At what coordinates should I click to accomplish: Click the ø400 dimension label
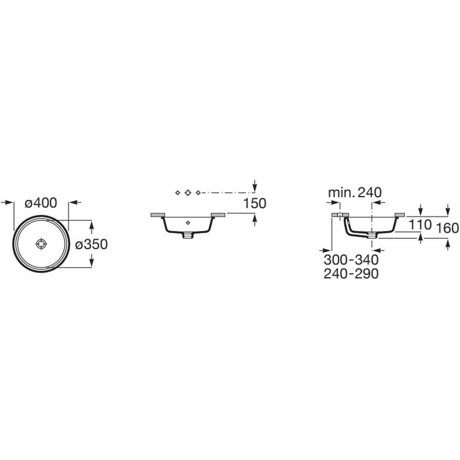(41, 203)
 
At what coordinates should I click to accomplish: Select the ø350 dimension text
(92, 245)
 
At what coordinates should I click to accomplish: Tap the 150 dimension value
(255, 204)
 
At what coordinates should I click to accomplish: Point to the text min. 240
(355, 193)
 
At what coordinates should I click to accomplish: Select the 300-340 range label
(351, 260)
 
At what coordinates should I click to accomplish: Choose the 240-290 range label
(351, 274)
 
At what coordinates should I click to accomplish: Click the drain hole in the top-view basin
(41, 244)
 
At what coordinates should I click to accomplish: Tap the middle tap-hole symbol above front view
(188, 192)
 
